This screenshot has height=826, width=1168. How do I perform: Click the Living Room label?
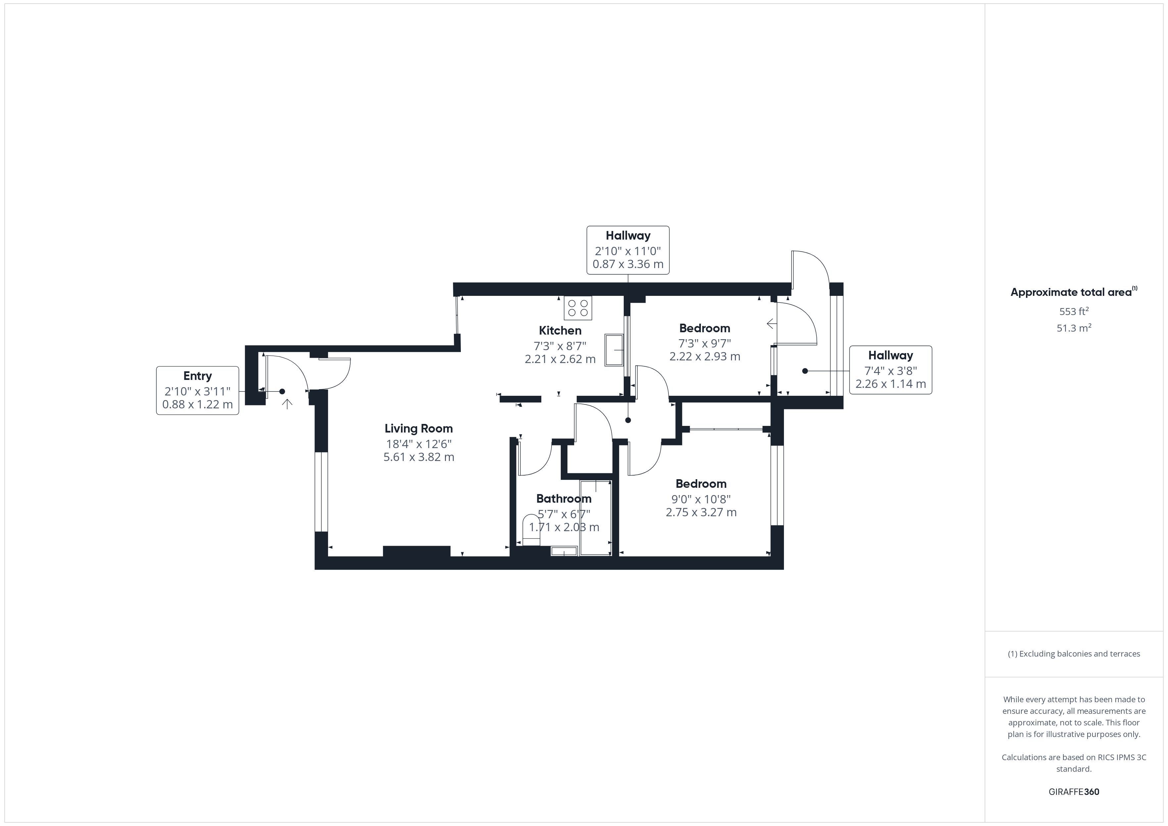tap(418, 429)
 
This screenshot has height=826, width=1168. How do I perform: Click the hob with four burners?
tap(577, 308)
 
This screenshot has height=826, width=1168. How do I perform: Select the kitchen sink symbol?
tap(614, 350)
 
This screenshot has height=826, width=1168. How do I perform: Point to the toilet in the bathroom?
tap(531, 531)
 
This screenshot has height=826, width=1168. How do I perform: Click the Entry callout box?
tap(197, 390)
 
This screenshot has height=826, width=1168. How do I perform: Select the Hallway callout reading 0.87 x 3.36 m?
tap(627, 250)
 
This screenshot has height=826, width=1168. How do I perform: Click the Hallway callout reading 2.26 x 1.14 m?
tap(890, 370)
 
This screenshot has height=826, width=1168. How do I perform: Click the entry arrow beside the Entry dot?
tap(287, 404)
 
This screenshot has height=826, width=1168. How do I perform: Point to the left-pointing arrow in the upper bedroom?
tap(771, 323)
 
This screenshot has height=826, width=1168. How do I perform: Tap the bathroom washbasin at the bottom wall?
tap(564, 551)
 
